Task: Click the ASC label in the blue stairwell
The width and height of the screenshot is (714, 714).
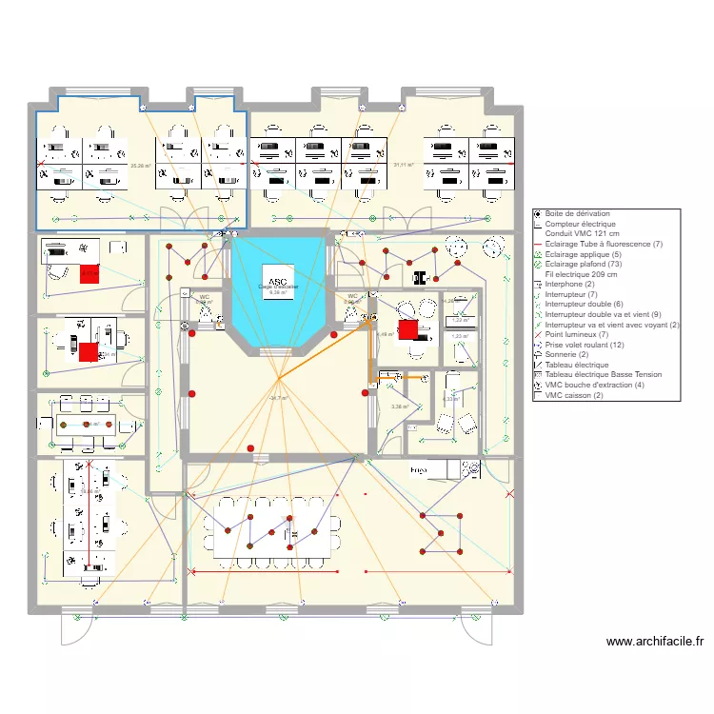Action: (x=277, y=282)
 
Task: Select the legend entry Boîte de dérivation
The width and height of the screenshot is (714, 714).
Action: (x=578, y=214)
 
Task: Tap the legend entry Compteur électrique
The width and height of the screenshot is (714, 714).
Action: (x=581, y=224)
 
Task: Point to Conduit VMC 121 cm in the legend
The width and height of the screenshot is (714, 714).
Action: (x=582, y=234)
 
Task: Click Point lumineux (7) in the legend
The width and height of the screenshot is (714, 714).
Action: (x=577, y=334)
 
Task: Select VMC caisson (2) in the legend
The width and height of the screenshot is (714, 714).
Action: (x=574, y=395)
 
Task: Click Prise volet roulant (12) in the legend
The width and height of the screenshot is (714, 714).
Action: (x=585, y=345)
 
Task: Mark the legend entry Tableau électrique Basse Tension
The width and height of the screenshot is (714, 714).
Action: (x=604, y=375)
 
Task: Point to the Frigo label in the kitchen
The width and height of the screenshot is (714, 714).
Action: (x=418, y=470)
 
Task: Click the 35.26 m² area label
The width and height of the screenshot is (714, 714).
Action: (x=140, y=166)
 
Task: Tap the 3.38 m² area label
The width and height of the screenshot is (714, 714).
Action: (x=399, y=407)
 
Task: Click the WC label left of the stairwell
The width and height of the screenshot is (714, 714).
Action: (x=204, y=297)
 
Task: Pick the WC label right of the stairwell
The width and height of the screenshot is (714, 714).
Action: (x=352, y=296)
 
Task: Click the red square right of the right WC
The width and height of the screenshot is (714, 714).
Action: (x=407, y=330)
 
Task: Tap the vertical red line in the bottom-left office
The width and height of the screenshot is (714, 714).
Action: (x=90, y=514)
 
